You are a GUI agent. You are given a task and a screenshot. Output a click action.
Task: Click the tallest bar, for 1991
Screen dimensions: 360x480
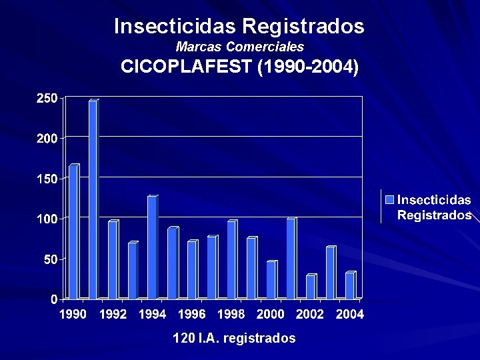[93, 199]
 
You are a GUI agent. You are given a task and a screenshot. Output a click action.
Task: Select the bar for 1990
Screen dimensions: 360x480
[73, 231]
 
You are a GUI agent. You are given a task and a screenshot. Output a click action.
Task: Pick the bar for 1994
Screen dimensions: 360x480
[152, 247]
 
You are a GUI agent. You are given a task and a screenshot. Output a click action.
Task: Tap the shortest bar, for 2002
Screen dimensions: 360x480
[310, 287]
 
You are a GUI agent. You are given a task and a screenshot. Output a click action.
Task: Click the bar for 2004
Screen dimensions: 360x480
[349, 285]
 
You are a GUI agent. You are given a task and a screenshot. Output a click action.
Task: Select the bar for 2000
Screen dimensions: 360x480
[271, 280]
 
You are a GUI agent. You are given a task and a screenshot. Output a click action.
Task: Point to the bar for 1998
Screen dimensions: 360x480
[231, 260]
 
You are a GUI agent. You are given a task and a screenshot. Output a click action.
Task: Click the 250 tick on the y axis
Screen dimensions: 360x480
[47, 99]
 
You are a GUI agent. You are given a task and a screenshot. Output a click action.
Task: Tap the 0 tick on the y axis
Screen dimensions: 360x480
[53, 299]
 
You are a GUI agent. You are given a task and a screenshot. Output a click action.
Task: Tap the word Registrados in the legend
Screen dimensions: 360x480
[434, 215]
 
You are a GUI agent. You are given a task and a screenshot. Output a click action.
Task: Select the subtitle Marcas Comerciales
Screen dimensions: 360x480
[239, 47]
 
